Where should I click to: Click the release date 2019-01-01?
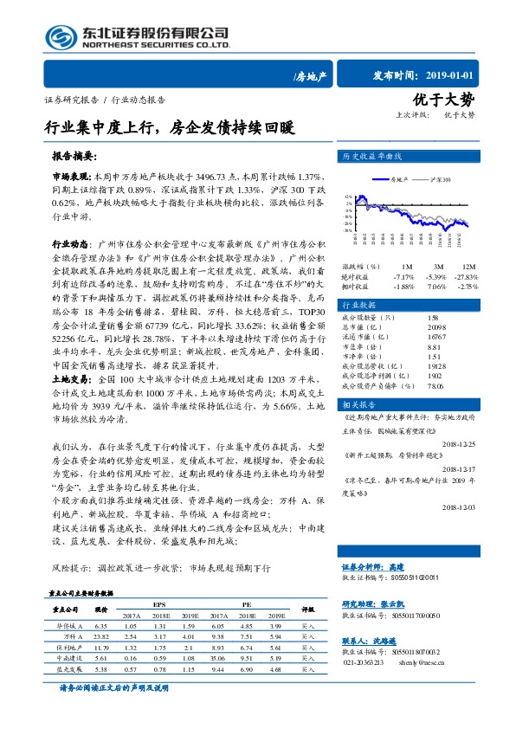click(x=467, y=75)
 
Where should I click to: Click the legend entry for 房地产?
click(x=399, y=180)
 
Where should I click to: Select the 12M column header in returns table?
click(x=468, y=266)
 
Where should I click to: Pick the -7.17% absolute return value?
click(x=404, y=275)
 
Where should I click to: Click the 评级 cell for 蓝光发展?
click(x=308, y=668)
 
